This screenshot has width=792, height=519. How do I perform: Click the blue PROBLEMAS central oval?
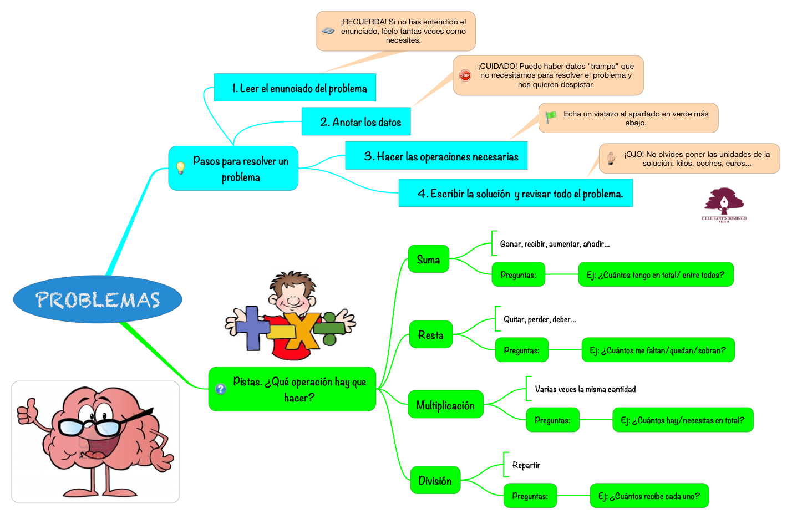click(98, 299)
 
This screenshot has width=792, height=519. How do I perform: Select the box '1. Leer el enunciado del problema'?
click(295, 88)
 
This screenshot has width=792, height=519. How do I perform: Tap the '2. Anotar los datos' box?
click(356, 122)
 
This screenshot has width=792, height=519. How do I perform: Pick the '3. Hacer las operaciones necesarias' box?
click(436, 156)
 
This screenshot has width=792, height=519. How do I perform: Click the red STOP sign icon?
click(465, 75)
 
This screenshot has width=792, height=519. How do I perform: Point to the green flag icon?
click(551, 117)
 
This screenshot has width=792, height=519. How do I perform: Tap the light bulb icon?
click(180, 168)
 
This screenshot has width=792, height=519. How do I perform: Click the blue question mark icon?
click(221, 389)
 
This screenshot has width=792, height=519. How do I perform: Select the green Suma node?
click(428, 259)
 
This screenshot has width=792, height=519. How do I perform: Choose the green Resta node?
click(431, 334)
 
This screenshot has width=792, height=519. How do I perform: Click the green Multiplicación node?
click(445, 405)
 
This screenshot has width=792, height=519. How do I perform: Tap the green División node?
click(435, 480)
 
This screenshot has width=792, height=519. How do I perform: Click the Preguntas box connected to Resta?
click(521, 350)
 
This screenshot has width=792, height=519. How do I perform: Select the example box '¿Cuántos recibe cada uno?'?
click(649, 496)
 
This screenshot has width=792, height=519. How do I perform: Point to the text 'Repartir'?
click(526, 465)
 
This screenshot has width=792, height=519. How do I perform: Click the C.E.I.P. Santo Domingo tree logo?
click(724, 203)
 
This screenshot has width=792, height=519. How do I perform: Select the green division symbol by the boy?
click(330, 328)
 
